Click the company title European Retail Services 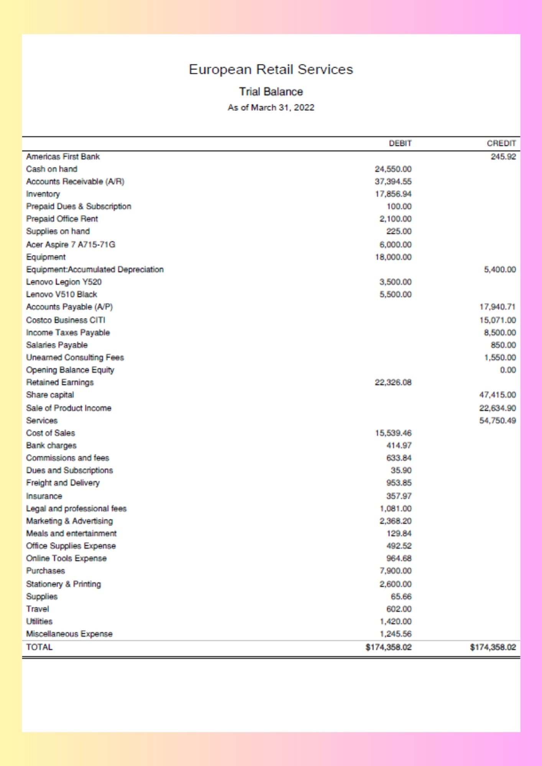271,69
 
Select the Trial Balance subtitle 271,92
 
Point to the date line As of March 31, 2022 271,108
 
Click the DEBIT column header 400,143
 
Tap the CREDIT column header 501,143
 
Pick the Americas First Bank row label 63,157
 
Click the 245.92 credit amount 503,157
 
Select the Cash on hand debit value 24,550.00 393,169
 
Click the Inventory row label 43,194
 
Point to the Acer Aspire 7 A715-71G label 71,244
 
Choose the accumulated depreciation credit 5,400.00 500,270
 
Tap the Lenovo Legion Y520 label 64,282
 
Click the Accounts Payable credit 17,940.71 498,307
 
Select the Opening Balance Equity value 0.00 508,370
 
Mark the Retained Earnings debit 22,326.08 393,382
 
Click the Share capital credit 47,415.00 498,395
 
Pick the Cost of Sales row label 51,433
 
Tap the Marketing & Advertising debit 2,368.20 395,521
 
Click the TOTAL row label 39,647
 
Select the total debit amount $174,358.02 388,647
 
